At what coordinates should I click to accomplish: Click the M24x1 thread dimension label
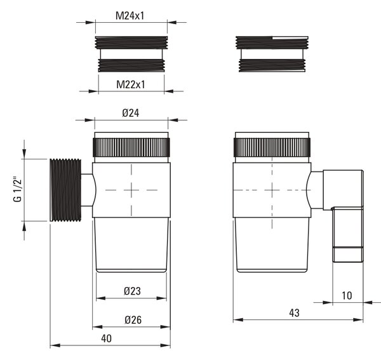coord(130,16)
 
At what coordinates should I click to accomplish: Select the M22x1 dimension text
coord(130,84)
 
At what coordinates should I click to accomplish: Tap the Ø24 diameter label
coord(131,113)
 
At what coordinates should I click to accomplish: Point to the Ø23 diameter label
coord(133,291)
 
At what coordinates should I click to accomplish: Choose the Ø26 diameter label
coord(133,319)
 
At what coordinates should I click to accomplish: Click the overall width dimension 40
coord(107,338)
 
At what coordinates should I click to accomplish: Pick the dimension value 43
coord(294,313)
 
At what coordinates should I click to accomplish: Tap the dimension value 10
coord(347,295)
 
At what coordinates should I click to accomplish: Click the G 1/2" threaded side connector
coord(65,190)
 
